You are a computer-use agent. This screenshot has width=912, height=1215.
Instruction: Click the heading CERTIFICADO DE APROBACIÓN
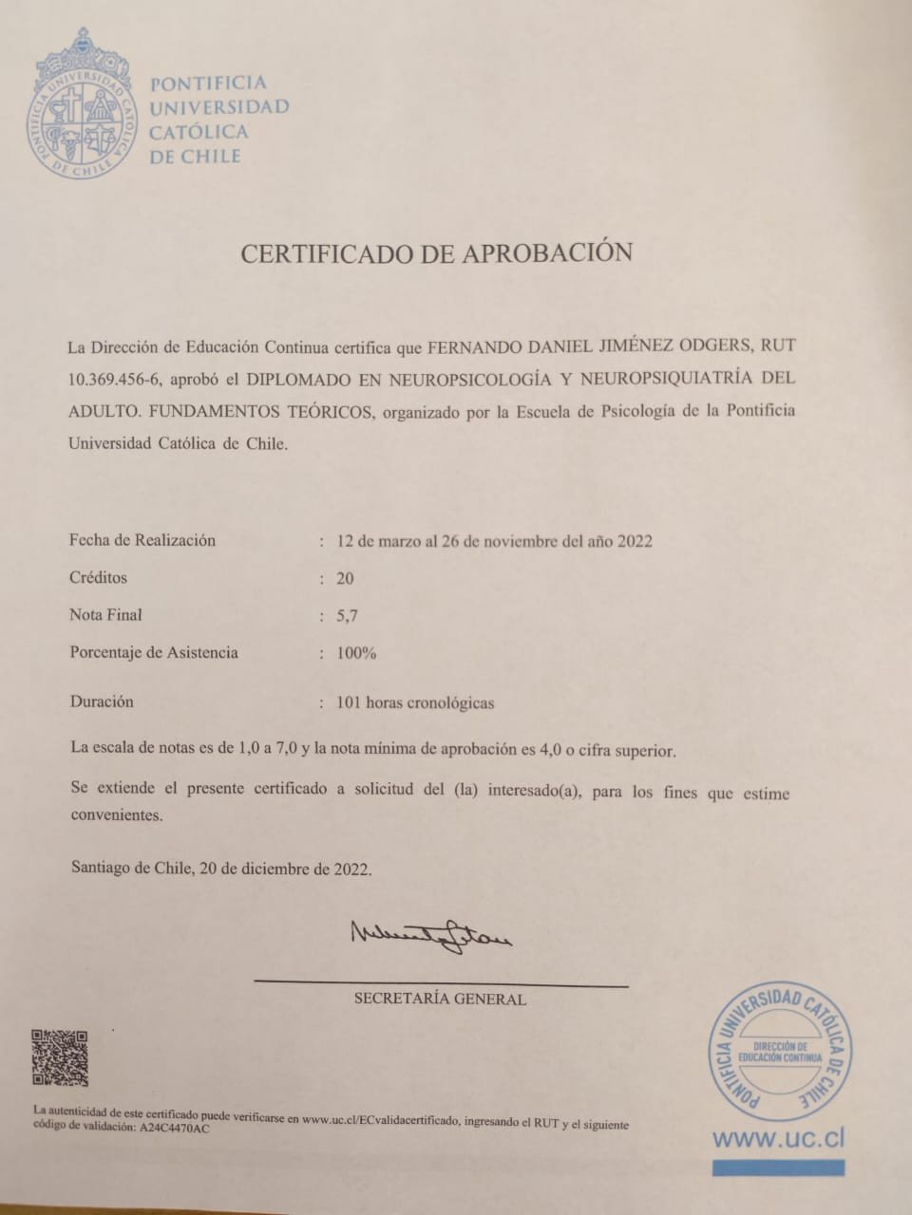tap(436, 252)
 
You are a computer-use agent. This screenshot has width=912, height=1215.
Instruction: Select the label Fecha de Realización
tap(142, 540)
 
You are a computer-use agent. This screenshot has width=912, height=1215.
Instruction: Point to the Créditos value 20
tap(345, 578)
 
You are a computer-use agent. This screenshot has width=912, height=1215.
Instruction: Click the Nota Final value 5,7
tap(347, 615)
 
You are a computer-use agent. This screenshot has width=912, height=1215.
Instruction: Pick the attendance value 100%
tap(356, 653)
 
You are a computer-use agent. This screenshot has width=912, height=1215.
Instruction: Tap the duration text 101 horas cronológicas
tap(415, 703)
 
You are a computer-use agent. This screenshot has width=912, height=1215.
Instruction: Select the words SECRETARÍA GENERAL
tap(440, 999)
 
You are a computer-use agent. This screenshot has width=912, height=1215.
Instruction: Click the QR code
tap(60, 1057)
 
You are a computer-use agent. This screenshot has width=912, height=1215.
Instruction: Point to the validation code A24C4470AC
tap(175, 1130)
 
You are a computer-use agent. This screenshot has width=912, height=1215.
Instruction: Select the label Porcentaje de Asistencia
tap(154, 653)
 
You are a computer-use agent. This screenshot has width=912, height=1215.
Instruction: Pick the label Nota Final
tap(105, 615)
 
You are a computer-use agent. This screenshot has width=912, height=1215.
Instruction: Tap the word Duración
tap(102, 702)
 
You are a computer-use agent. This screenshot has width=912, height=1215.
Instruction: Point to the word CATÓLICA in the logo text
tap(199, 132)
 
